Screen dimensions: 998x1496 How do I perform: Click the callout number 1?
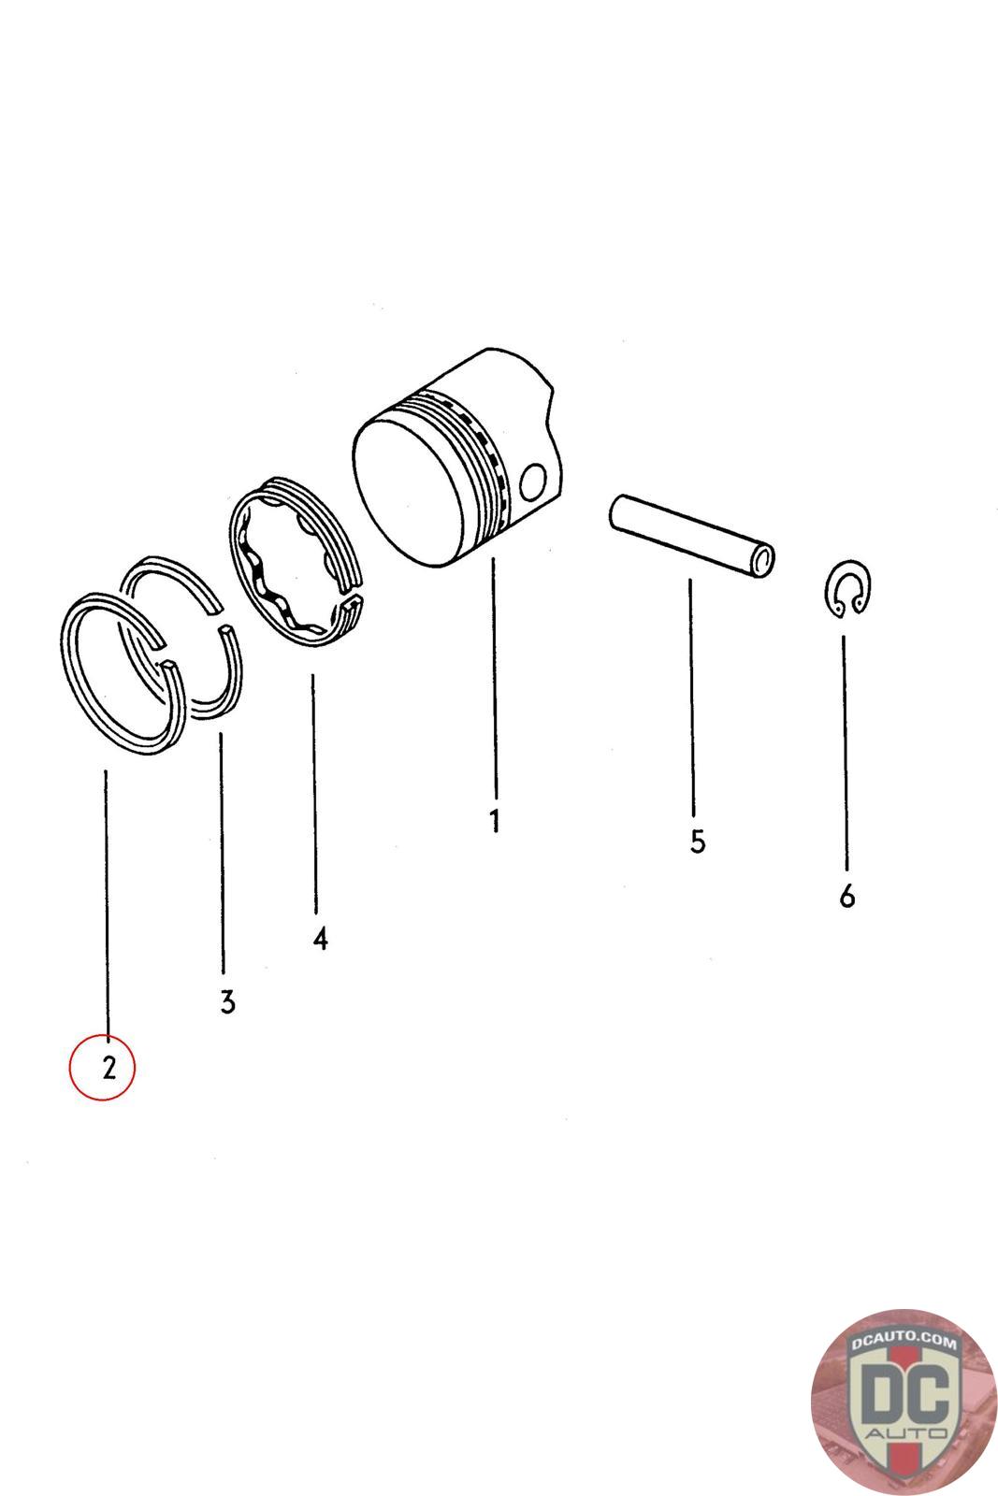point(495,821)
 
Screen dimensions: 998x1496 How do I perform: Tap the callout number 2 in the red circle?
point(109,1068)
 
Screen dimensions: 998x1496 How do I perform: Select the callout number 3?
point(228,1002)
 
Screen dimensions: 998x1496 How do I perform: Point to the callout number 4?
point(321,939)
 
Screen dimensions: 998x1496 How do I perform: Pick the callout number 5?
point(698,841)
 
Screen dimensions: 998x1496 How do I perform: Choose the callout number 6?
point(847,896)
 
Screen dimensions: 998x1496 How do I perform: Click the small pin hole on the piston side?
point(533,482)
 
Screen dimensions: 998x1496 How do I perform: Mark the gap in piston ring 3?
point(222,618)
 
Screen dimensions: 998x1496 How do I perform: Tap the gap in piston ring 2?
point(163,654)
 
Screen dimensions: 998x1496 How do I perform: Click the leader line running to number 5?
point(691,698)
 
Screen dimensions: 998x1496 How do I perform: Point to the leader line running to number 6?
point(845,754)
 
